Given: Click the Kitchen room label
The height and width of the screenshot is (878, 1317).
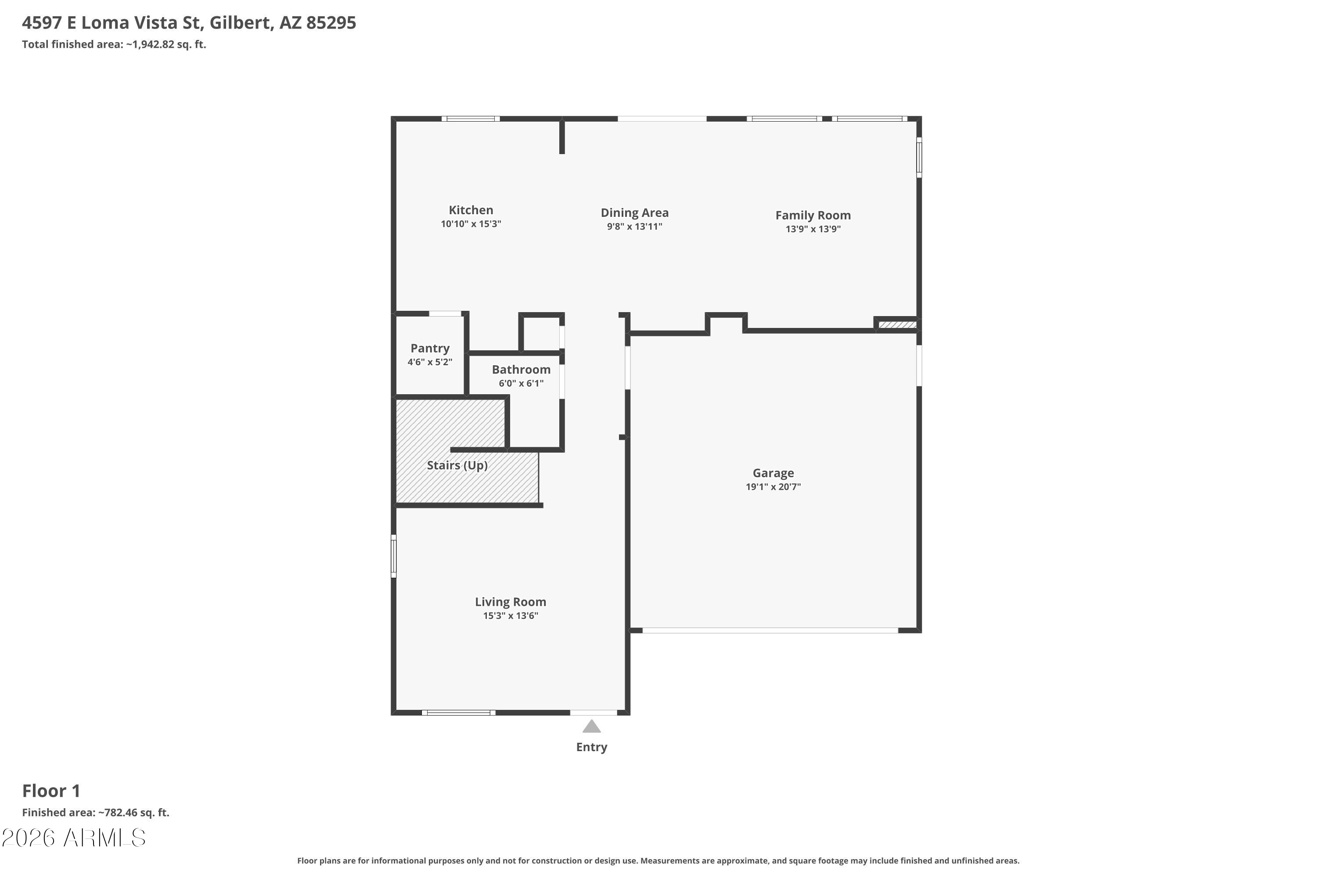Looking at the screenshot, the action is click(x=471, y=210).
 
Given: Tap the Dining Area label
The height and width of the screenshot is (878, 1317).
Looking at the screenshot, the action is click(x=634, y=213).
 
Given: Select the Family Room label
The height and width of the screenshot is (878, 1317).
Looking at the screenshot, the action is click(x=813, y=216).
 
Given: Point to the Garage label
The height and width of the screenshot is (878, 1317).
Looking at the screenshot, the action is click(x=773, y=473).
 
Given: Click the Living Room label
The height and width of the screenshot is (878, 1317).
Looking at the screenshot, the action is click(x=511, y=602).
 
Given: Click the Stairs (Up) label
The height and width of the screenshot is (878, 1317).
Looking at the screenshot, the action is click(x=457, y=465).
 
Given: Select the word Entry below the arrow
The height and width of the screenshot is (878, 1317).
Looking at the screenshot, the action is click(x=592, y=747).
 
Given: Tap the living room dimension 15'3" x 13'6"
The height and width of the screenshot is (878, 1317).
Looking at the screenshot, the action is click(x=511, y=616).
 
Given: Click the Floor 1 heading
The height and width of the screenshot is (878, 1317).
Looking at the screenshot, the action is click(x=51, y=791).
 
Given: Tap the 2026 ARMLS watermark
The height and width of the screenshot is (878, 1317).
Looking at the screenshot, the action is click(x=73, y=838).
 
